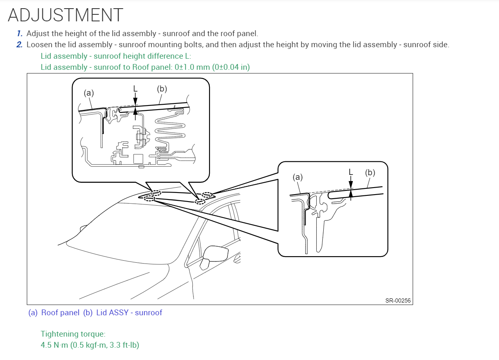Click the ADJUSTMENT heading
tap(65, 15)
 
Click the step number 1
tap(20, 34)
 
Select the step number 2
tap(20, 45)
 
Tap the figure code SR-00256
tap(398, 300)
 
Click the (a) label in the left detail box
tap(89, 93)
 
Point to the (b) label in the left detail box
tap(162, 89)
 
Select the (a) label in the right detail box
tap(298, 177)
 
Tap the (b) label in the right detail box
tap(370, 173)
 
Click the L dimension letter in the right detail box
tap(351, 172)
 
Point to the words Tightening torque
tap(73, 334)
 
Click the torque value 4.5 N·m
tap(53, 345)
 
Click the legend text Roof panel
tap(60, 313)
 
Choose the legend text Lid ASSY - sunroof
tap(129, 313)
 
